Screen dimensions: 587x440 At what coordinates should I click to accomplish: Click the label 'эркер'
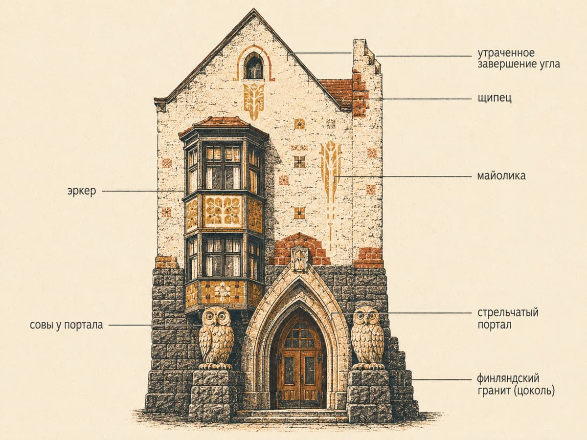(x=82, y=191)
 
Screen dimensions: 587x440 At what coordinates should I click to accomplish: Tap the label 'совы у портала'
(x=67, y=325)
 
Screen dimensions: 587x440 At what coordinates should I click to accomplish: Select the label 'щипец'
(x=495, y=98)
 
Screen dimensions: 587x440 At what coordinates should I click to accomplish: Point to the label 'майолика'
(x=501, y=176)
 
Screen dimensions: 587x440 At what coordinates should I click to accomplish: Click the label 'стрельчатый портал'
(x=508, y=319)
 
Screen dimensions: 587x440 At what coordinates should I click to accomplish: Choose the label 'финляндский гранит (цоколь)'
(x=516, y=385)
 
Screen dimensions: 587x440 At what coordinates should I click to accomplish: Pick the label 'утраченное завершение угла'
(x=519, y=59)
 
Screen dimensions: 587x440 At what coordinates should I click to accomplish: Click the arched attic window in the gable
(x=254, y=66)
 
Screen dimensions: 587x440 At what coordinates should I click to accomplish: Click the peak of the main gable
(x=253, y=9)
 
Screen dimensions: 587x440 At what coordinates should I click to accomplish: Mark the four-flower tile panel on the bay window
(x=223, y=211)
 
